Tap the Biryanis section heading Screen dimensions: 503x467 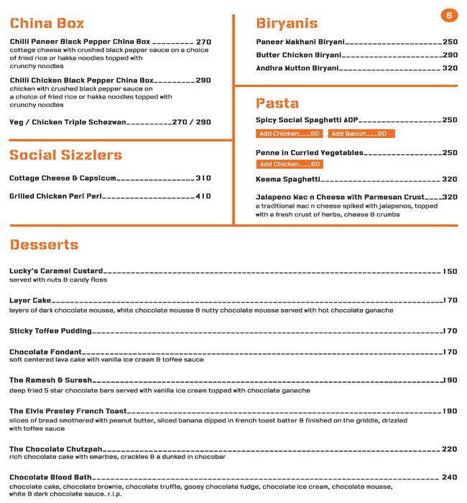pos(287,23)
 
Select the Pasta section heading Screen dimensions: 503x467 pos(277,103)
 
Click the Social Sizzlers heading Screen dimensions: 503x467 pos(65,155)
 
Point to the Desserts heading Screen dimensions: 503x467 pos(44,245)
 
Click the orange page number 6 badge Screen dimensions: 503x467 pos(449,15)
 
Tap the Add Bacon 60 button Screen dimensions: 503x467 pos(361,134)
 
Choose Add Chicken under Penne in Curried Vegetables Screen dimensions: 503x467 pos(290,165)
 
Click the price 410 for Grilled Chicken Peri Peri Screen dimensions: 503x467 pos(203,196)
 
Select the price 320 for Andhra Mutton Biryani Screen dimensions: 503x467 pos(450,68)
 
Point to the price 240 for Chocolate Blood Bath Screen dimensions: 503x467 pos(450,477)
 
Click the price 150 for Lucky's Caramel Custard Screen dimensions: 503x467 pos(450,272)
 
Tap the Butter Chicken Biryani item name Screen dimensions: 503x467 pos(298,55)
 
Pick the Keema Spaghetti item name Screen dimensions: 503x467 pos(288,180)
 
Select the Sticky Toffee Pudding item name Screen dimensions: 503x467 pos(50,331)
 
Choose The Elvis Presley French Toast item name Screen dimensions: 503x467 pos(68,411)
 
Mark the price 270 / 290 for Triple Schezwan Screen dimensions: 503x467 pos(192,122)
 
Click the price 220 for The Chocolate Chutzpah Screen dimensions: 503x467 pos(450,448)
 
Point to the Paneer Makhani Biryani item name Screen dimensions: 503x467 pos(300,42)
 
